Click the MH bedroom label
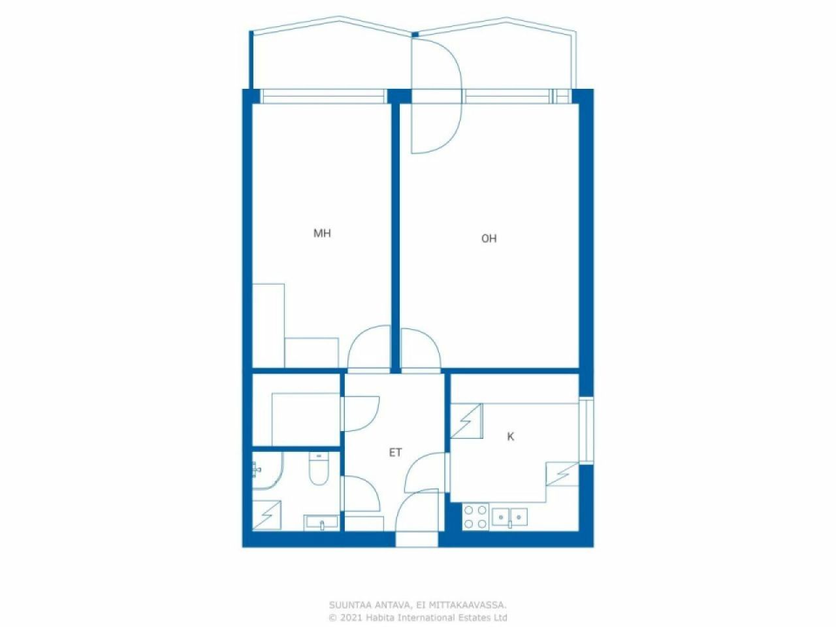(322, 233)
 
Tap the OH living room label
(489, 238)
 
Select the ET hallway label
(395, 452)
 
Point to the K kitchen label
(510, 437)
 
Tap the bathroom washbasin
(321, 522)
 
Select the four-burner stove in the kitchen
(475, 517)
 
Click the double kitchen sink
(509, 517)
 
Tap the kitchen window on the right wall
(586, 430)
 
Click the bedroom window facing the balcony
(323, 96)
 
